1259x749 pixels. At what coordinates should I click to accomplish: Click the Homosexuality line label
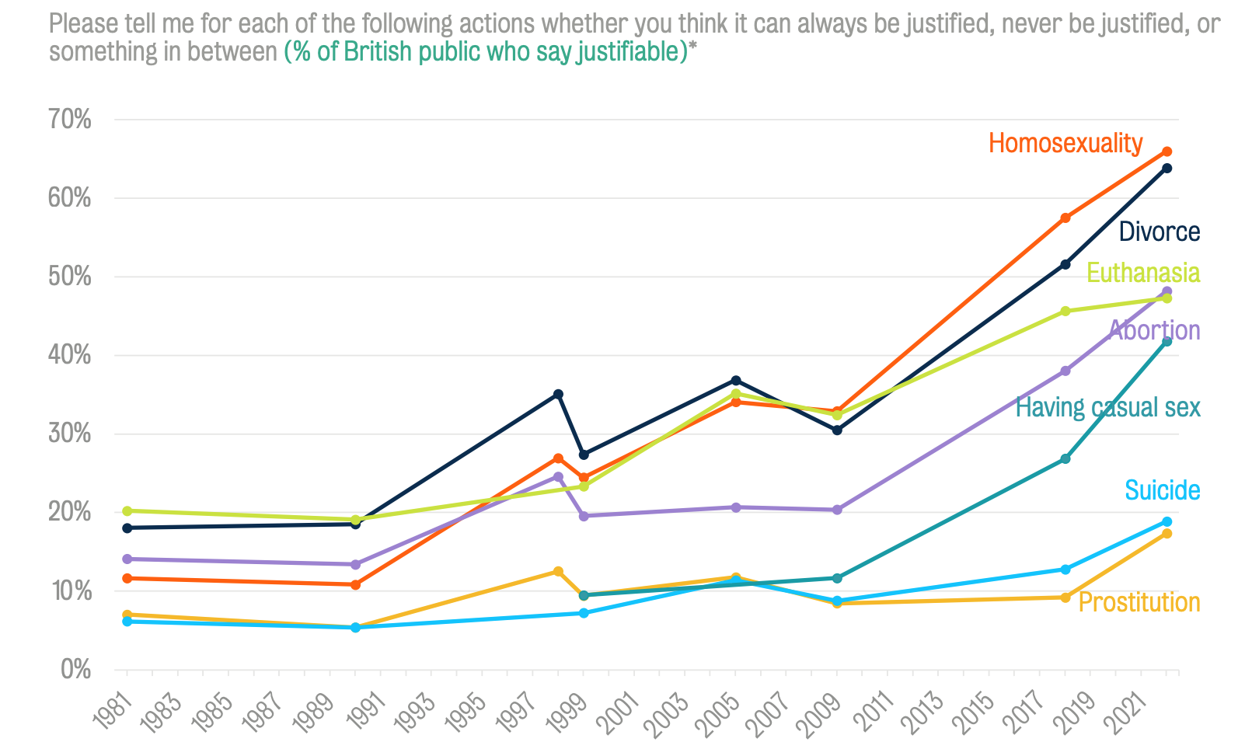coord(1065,144)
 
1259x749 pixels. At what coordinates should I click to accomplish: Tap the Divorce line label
coord(1159,232)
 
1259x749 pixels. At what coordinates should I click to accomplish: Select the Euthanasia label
coord(1142,273)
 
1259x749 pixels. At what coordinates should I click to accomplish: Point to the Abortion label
coord(1154,330)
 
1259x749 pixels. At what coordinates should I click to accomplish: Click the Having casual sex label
coord(1107,407)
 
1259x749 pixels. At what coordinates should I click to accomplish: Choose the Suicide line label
coord(1162,490)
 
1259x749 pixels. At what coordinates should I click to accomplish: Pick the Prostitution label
coord(1139,602)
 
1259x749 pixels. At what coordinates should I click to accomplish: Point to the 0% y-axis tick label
coord(75,669)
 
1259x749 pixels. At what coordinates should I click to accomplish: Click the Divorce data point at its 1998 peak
coord(558,394)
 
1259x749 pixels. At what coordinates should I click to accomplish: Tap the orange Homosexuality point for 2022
coord(1167,152)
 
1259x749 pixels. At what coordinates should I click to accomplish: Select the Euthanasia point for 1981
coord(127,510)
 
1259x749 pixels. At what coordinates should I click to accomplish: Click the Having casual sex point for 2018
coord(1065,459)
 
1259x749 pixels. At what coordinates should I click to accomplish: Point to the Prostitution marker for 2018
coord(1065,597)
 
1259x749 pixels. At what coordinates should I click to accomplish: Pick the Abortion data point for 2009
coord(837,510)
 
